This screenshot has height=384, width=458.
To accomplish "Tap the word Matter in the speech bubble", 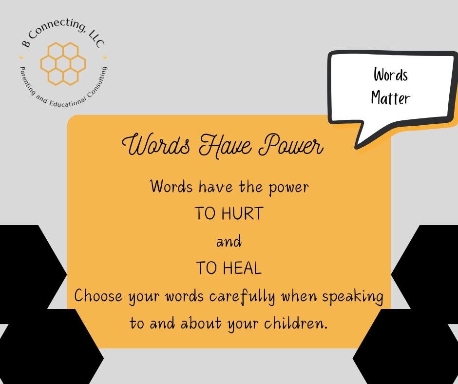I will [390, 98].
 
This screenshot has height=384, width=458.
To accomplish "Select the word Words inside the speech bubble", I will [390, 75].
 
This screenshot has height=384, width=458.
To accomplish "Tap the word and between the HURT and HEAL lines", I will [229, 241].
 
